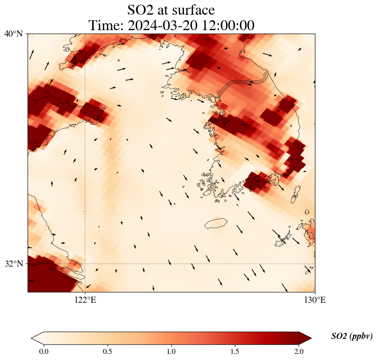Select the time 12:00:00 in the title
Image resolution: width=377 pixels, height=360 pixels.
click(x=228, y=25)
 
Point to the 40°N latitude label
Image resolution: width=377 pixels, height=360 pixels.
click(x=13, y=34)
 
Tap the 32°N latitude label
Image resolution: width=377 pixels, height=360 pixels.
click(x=13, y=264)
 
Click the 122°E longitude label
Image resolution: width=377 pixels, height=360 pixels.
click(x=85, y=300)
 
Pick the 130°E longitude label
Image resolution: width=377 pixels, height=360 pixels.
click(x=315, y=300)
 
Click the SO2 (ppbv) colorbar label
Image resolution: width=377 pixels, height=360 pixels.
click(x=352, y=336)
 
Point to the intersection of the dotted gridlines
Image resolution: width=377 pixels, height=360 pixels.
click(x=85, y=264)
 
